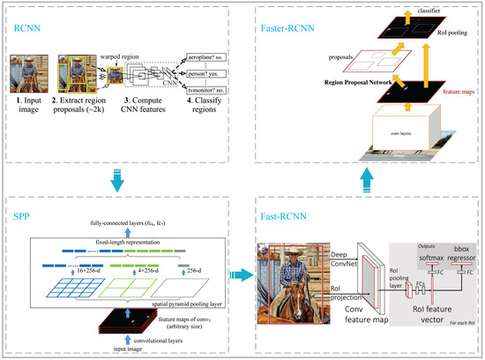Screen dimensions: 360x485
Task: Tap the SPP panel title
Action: point(25,217)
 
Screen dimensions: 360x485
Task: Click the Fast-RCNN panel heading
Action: point(281,217)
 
